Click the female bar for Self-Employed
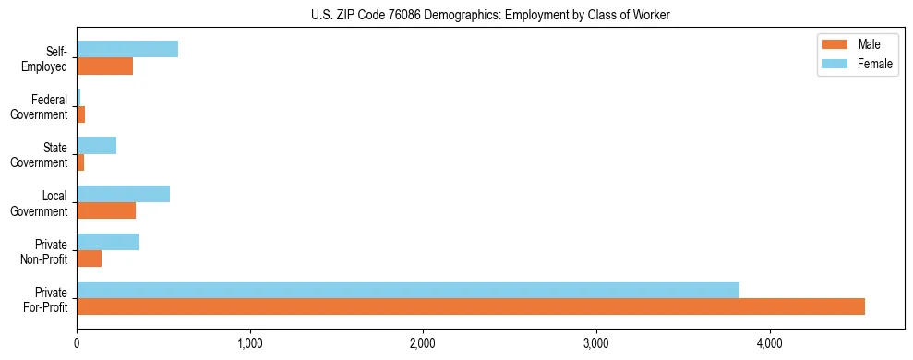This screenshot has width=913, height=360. coord(127,49)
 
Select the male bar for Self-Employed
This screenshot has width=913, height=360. coord(104,66)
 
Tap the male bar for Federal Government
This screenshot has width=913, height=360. coord(81,114)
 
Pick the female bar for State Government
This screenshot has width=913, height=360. coord(96,145)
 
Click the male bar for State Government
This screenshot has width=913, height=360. coord(80,162)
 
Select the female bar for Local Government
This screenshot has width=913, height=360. coord(123,193)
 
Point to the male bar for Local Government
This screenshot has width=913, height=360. coord(106,210)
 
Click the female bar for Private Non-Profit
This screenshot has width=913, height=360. coord(108,241)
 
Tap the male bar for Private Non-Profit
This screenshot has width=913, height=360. coord(89,258)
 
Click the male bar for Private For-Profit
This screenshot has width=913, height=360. coord(471,306)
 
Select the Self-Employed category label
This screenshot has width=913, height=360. coord(49,58)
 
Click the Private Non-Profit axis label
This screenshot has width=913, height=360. coord(46,251)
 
